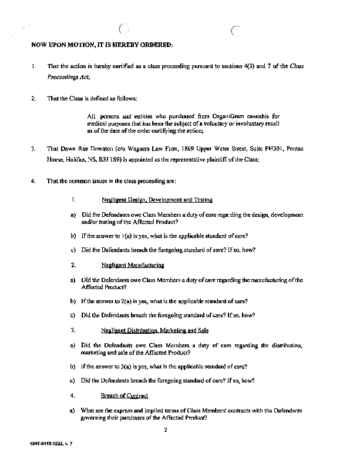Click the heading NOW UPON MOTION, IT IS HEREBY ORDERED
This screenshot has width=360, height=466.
point(102,45)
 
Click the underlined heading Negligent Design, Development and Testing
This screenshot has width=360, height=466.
point(157,200)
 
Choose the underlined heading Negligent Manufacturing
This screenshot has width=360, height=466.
point(132,265)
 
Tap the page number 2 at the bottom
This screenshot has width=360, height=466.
point(166,430)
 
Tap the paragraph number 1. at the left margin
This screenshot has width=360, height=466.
point(34,66)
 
